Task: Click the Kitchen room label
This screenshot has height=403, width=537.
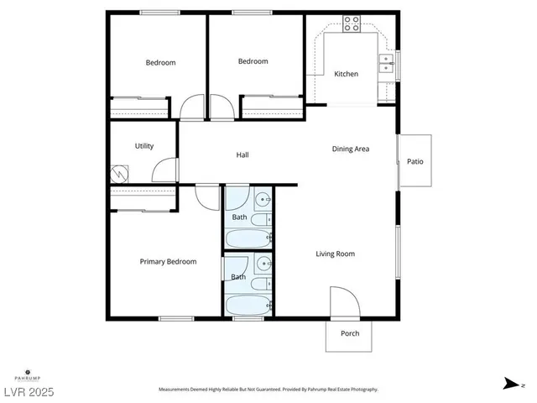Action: (x=346, y=74)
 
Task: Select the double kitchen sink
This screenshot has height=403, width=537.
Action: (x=386, y=64)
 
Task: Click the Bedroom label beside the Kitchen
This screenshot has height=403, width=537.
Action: (x=253, y=61)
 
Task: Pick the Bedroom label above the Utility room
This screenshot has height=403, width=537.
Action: (x=160, y=63)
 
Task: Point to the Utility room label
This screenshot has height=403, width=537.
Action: (x=144, y=146)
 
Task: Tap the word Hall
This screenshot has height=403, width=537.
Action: (x=242, y=154)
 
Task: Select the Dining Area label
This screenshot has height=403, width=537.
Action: (x=351, y=149)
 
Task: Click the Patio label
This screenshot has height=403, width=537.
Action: (x=414, y=161)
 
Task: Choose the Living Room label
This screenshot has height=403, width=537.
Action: (x=335, y=254)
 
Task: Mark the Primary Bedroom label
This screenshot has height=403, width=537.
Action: (x=168, y=262)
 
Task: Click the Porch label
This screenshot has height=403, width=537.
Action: (x=350, y=333)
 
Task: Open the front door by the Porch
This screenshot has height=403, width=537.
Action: (x=344, y=302)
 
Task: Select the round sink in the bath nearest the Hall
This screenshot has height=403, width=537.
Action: (x=262, y=200)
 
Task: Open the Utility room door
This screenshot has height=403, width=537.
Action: (x=164, y=170)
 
